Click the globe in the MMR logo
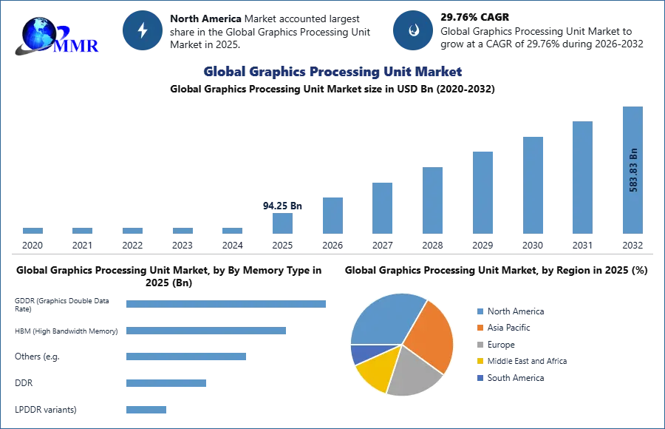[x=38, y=33]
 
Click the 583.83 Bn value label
[x=633, y=170]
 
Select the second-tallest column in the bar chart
[x=582, y=178]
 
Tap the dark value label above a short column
[x=283, y=206]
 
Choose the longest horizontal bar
[x=227, y=302]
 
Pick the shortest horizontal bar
[x=147, y=408]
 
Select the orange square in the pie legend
[x=480, y=327]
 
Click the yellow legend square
[x=480, y=361]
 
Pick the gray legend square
[x=480, y=344]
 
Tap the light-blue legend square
[x=480, y=313]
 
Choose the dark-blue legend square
[x=480, y=378]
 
